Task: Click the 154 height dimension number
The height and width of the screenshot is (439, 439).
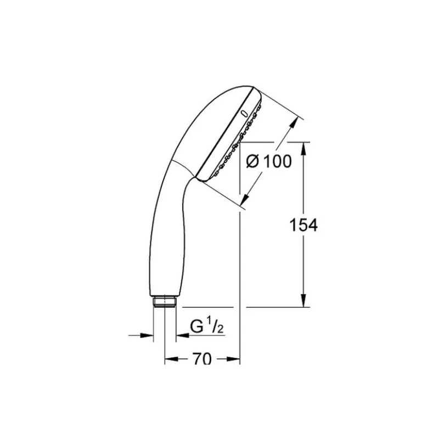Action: click(x=303, y=225)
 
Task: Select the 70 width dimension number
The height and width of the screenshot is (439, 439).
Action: click(x=202, y=359)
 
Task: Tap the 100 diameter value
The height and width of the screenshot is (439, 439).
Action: click(x=278, y=161)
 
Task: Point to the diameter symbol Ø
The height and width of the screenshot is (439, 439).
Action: click(x=253, y=161)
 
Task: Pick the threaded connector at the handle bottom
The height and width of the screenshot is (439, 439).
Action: click(x=164, y=302)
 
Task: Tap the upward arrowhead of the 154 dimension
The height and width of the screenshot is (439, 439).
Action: click(x=304, y=149)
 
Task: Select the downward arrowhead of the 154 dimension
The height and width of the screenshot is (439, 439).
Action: click(x=304, y=300)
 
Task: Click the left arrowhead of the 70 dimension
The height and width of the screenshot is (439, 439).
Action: click(x=171, y=359)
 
